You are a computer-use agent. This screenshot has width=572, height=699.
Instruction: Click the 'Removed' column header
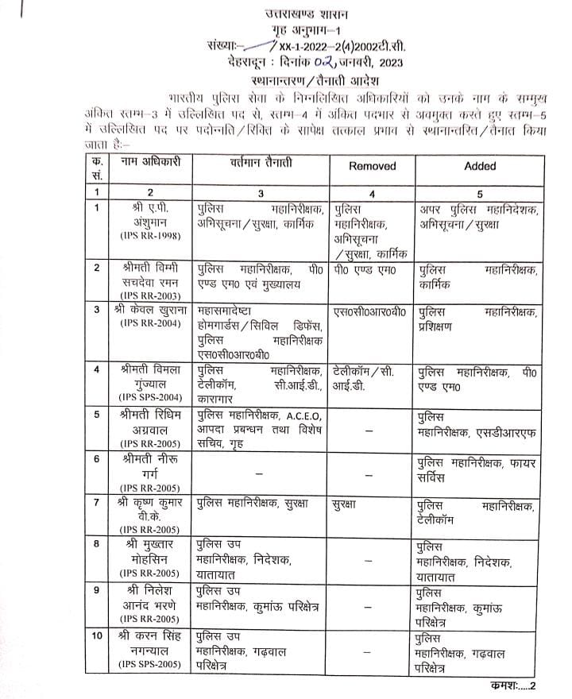371,166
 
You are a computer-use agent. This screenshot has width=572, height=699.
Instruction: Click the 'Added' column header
479,166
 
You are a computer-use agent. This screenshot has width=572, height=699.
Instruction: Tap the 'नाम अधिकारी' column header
151,162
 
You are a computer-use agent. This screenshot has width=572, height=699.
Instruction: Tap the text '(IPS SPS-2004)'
150,396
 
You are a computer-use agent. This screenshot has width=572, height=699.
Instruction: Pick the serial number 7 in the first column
96,503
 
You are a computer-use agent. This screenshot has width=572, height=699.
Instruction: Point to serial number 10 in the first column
97,636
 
